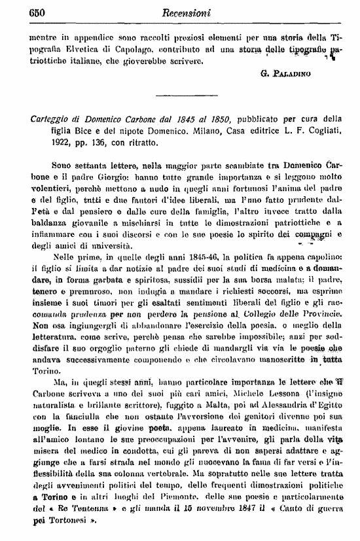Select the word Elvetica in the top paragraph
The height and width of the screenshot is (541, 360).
tap(81, 50)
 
